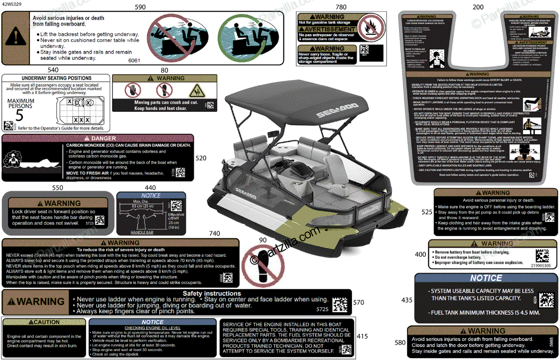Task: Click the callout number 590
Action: pos(140,7)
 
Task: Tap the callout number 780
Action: pos(341,7)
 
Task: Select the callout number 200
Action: pos(478,7)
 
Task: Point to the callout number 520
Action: pos(201,158)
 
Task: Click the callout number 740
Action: pos(214,233)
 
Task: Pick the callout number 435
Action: pos(406,300)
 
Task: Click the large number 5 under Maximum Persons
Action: pos(20,114)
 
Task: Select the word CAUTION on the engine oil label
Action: pos(46,322)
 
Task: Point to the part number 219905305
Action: pos(540,265)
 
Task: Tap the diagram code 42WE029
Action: pos(12,3)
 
